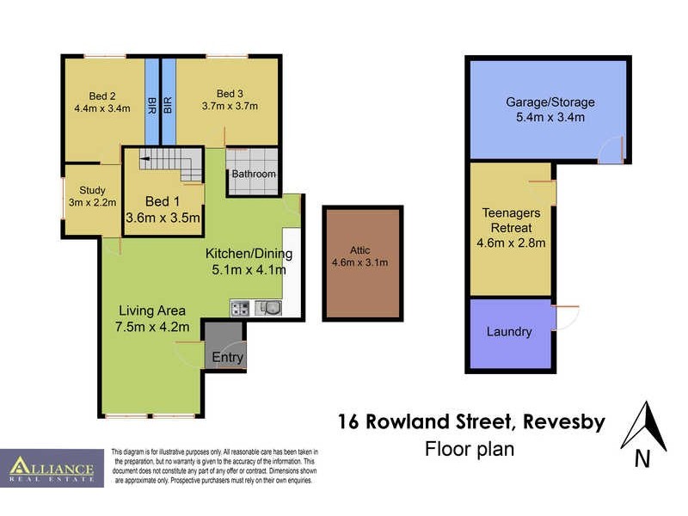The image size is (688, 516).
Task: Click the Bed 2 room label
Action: pos(101,95)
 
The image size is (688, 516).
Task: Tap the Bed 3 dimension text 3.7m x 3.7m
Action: pos(230,107)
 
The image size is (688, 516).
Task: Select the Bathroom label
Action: pos(254,174)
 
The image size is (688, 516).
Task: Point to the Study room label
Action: pos(92,190)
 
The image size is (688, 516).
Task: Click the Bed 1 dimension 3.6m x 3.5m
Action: pos(163,218)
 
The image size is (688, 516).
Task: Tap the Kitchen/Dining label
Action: pos(249,254)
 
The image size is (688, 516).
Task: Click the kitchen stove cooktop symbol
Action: pos(240,308)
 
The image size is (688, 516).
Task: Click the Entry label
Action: pos(228,357)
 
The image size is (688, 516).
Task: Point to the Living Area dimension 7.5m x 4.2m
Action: pos(152,326)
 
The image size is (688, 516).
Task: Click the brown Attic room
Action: pos(362,263)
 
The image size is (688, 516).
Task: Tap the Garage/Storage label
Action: pos(550,102)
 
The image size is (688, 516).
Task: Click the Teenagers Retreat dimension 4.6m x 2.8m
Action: pos(512,243)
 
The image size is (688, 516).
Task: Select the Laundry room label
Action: pos(509,332)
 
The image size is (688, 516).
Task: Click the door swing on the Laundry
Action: pos(566,317)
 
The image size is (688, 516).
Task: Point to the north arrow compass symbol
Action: pos(643,428)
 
